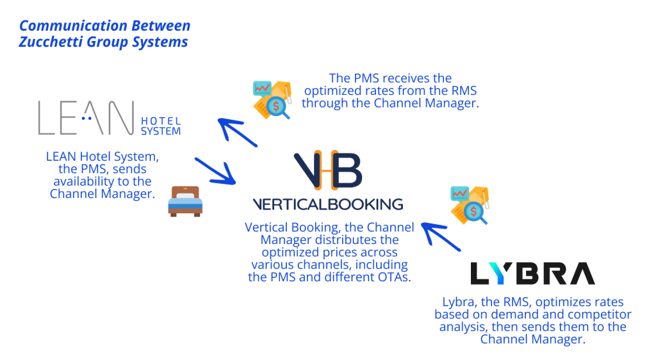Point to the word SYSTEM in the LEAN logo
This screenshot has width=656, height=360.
[x=161, y=131]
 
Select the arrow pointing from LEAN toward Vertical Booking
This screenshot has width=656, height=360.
[x=216, y=170]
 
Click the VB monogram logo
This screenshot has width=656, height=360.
[x=327, y=171]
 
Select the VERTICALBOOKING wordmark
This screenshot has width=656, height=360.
[x=327, y=204]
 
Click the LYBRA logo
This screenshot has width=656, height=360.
[x=532, y=273]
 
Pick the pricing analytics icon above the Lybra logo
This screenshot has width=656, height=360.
[x=470, y=204]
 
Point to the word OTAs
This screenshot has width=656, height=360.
[x=393, y=277]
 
